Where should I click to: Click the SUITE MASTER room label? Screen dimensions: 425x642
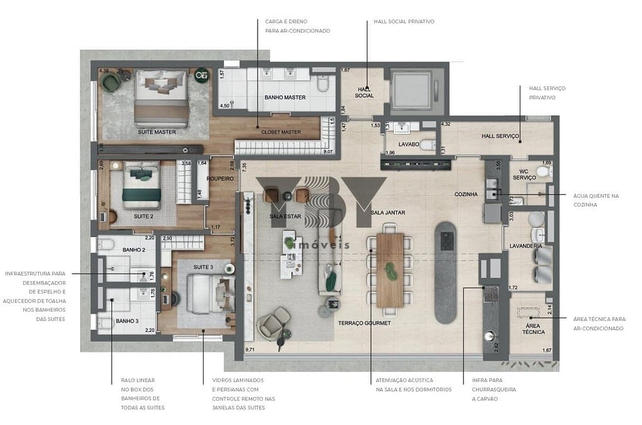(x=157, y=132)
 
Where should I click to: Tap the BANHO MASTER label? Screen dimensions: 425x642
(x=285, y=97)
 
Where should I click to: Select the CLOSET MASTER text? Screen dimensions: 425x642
(x=281, y=132)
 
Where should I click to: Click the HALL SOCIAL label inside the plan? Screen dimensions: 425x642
(x=364, y=92)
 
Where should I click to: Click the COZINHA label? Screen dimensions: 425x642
(x=466, y=195)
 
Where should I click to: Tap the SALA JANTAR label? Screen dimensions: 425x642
(x=387, y=213)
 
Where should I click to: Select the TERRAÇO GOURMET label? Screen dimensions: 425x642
(x=364, y=323)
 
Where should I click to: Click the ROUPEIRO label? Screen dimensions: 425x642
(x=220, y=179)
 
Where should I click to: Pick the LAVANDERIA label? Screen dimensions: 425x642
(x=525, y=246)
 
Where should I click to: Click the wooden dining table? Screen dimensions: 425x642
(x=391, y=270)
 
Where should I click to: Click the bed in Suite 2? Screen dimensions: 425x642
(x=142, y=185)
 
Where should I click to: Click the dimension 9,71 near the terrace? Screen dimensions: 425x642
(x=251, y=349)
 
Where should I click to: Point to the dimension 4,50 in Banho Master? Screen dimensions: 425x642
(x=226, y=106)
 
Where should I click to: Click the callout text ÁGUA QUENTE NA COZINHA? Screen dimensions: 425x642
(x=596, y=200)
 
